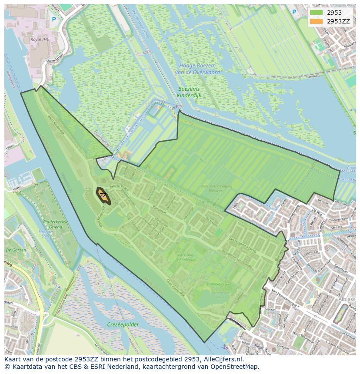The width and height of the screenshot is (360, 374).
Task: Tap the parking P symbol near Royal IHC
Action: [x=54, y=20]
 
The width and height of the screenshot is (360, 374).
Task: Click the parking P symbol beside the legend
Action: [x=294, y=12]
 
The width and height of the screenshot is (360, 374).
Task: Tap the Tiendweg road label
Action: [x=313, y=76]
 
